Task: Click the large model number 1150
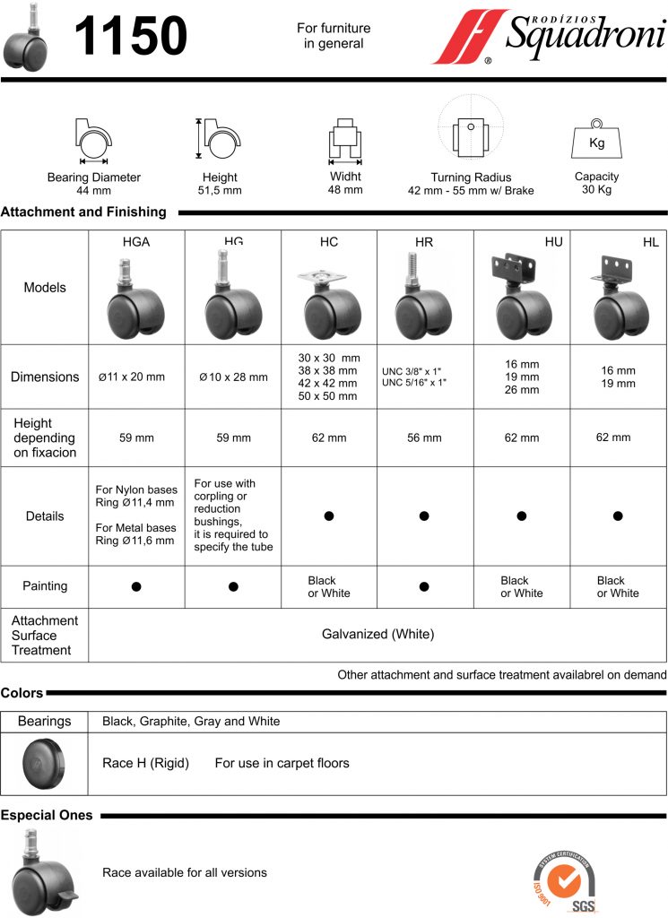131,37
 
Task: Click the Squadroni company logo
549,38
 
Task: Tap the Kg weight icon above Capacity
596,140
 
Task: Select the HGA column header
136,242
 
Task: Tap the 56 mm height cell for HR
425,438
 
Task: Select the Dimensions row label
45,377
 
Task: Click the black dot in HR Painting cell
425,586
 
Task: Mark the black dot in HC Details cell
329,516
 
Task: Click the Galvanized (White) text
377,634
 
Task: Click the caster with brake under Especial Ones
43,873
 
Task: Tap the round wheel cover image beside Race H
45,763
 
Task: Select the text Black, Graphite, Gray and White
191,721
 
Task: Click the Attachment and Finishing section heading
83,212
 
